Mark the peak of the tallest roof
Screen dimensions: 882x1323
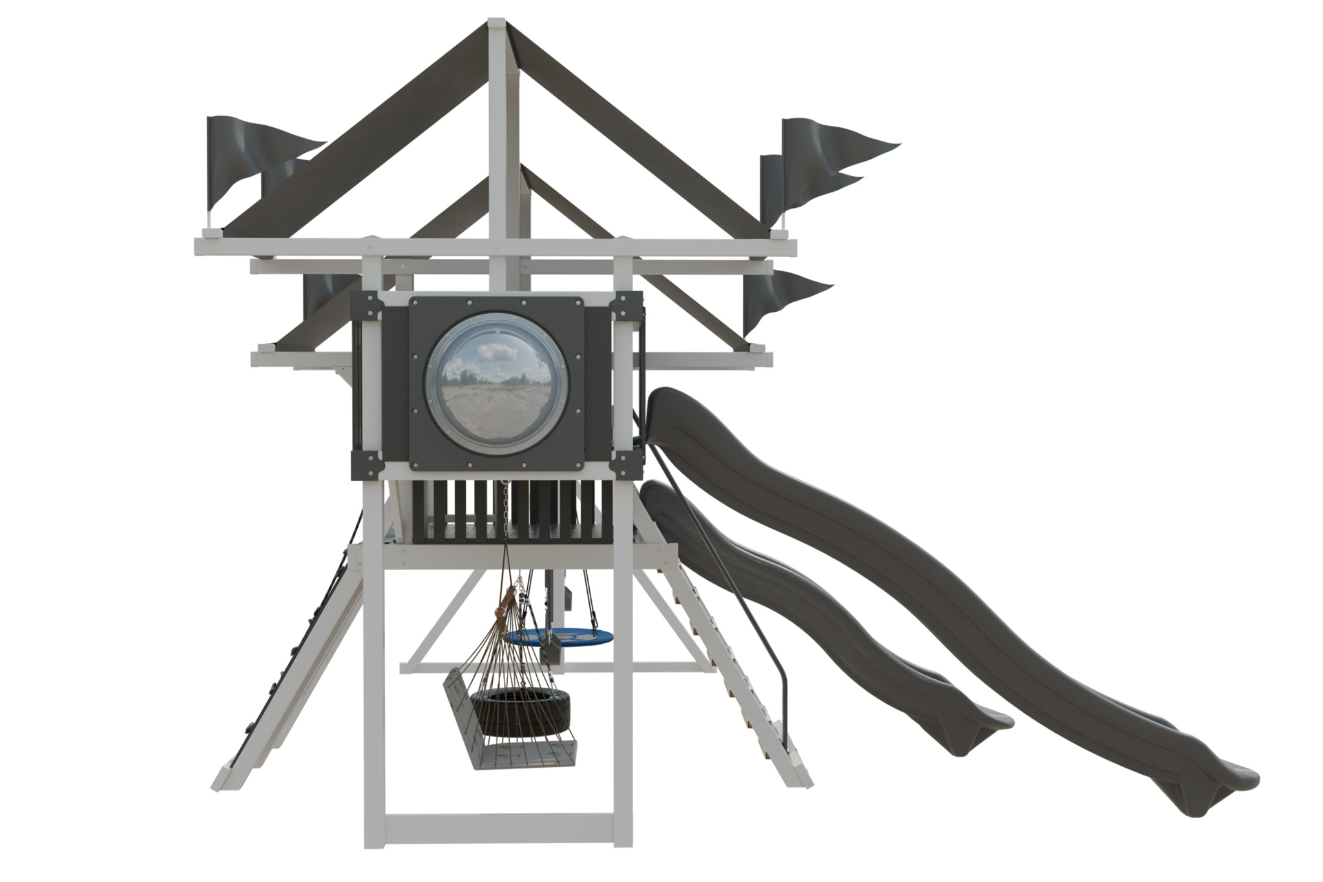point(496,26)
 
